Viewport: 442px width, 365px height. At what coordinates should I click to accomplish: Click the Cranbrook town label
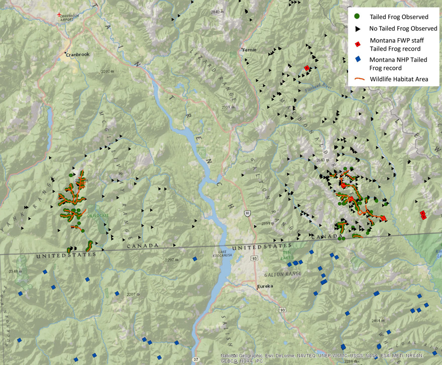coord(77,54)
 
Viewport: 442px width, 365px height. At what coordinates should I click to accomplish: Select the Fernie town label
coord(249,50)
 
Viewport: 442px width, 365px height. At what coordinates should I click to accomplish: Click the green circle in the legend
coord(357,17)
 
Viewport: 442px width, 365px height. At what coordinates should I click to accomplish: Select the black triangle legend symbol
coord(357,29)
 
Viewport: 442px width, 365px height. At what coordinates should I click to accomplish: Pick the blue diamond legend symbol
coord(357,59)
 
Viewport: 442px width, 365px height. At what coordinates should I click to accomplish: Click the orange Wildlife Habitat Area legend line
coord(357,78)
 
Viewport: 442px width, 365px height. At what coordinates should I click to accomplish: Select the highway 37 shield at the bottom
coord(195,359)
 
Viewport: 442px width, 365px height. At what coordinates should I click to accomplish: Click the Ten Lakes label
coord(287,255)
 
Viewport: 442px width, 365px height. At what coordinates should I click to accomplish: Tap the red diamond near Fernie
coord(306,68)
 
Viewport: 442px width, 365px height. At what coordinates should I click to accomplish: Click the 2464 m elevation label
coord(378,320)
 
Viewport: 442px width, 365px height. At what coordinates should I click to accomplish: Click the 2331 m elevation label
coord(230,107)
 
